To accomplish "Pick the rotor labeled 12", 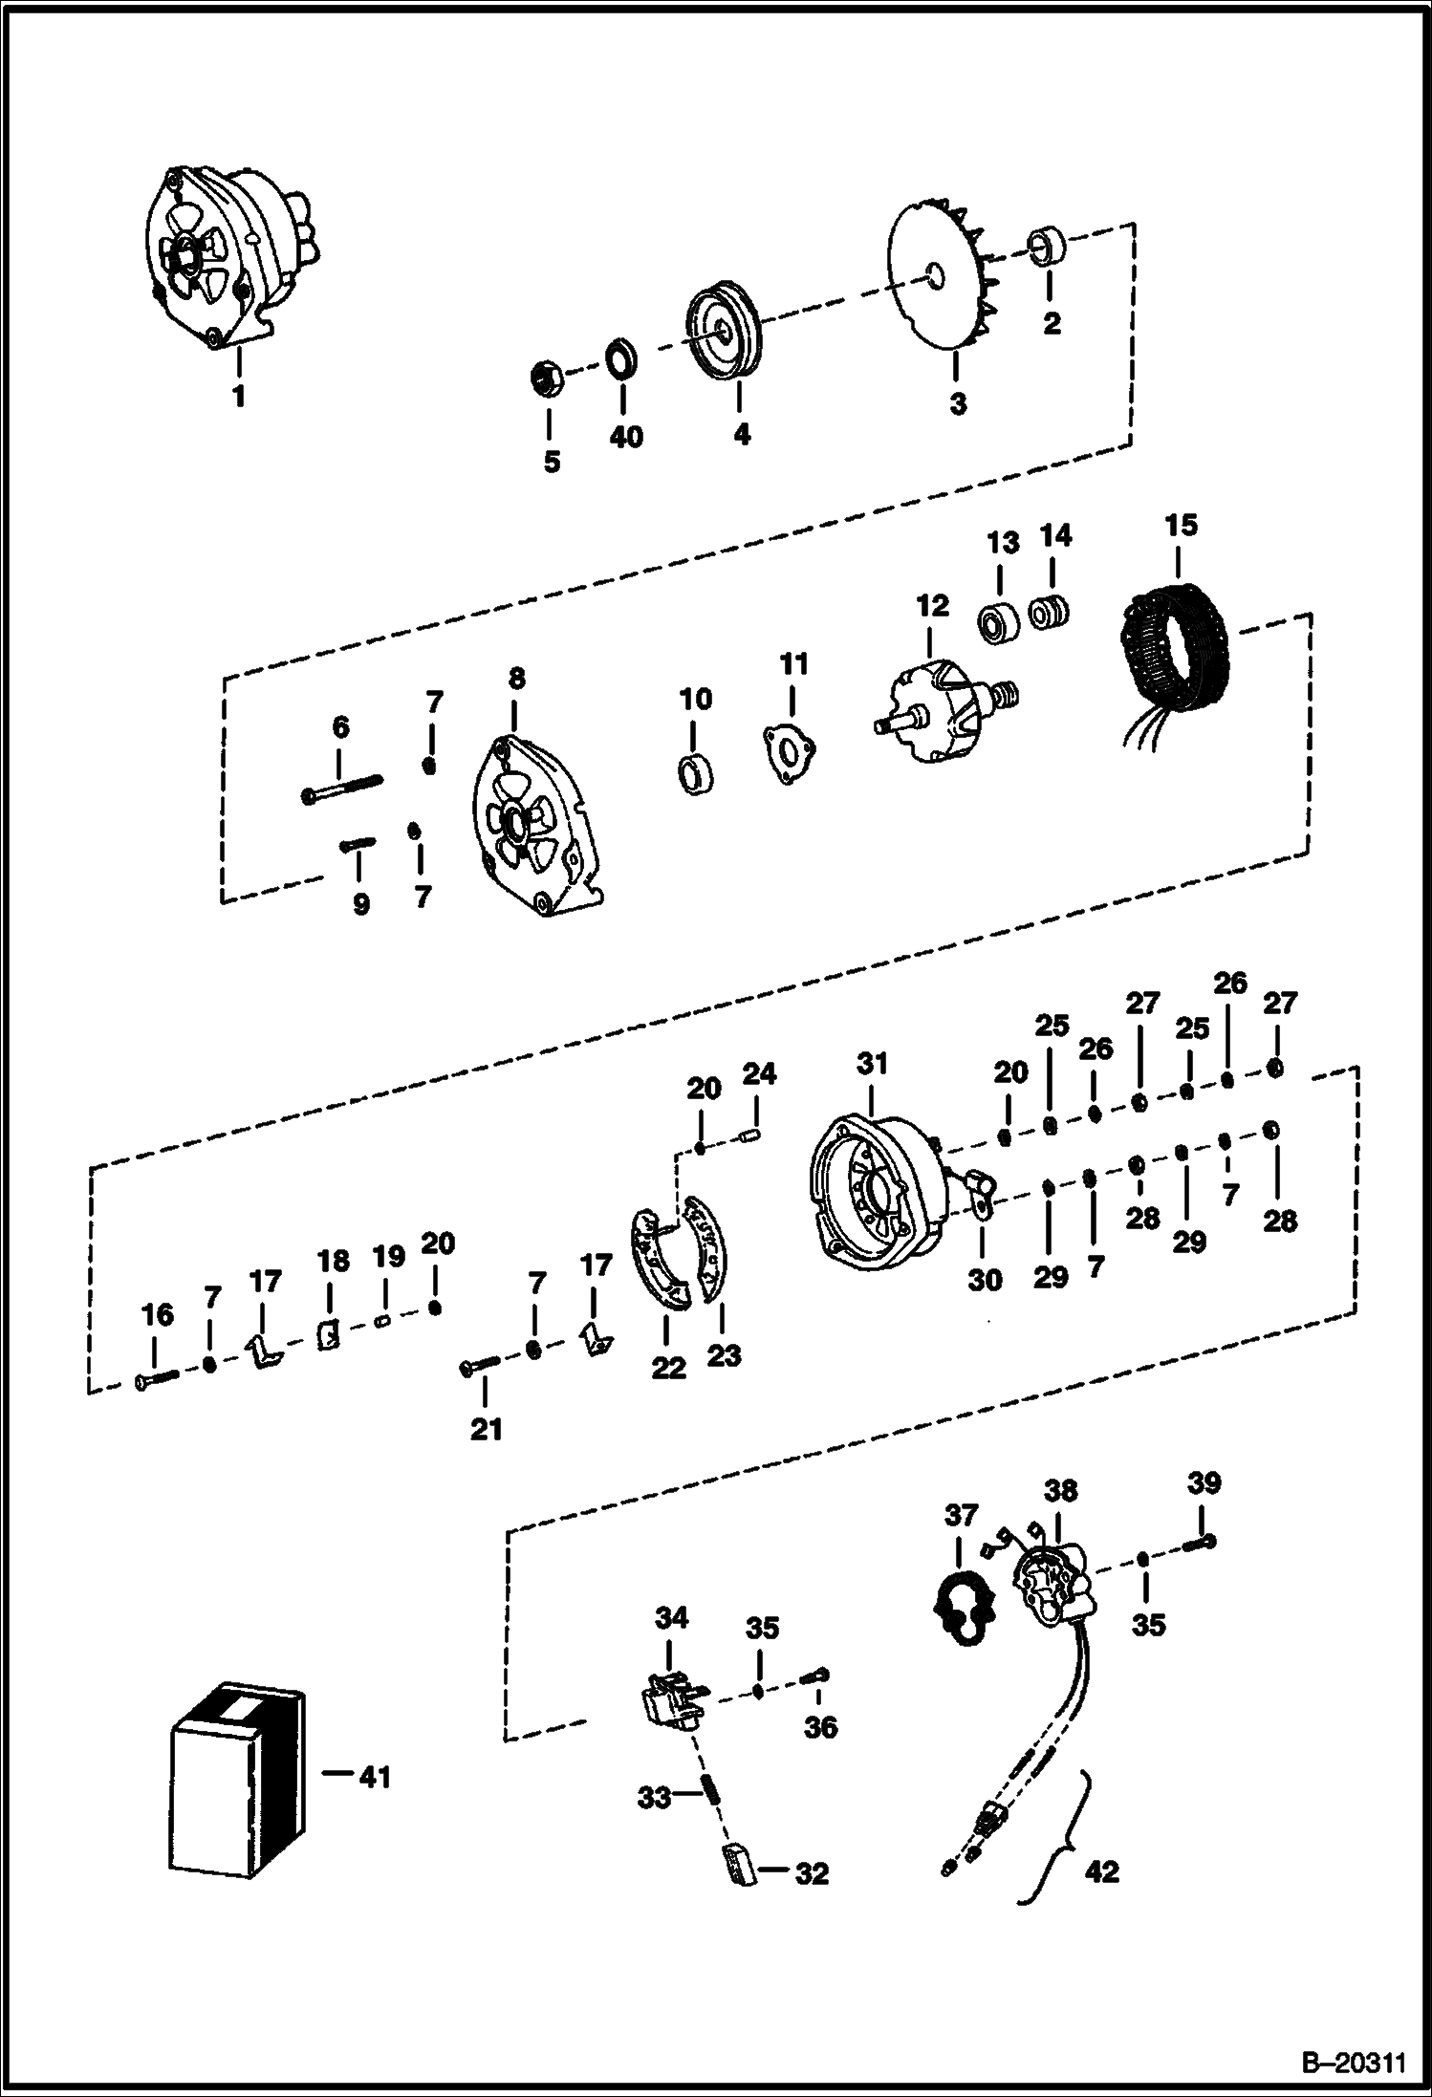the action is coord(943,712).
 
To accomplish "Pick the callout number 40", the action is coord(627,437).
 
